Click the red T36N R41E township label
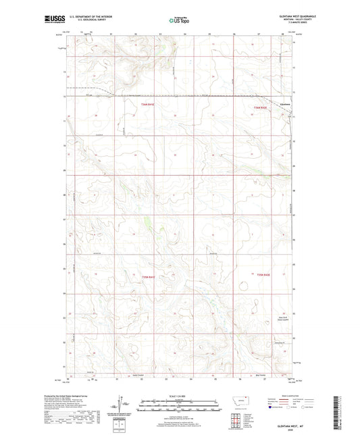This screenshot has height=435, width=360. (x=148, y=105)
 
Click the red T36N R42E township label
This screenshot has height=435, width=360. (x=261, y=108)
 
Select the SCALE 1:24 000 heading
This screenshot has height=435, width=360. (x=179, y=396)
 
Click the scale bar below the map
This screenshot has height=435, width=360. (x=179, y=407)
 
